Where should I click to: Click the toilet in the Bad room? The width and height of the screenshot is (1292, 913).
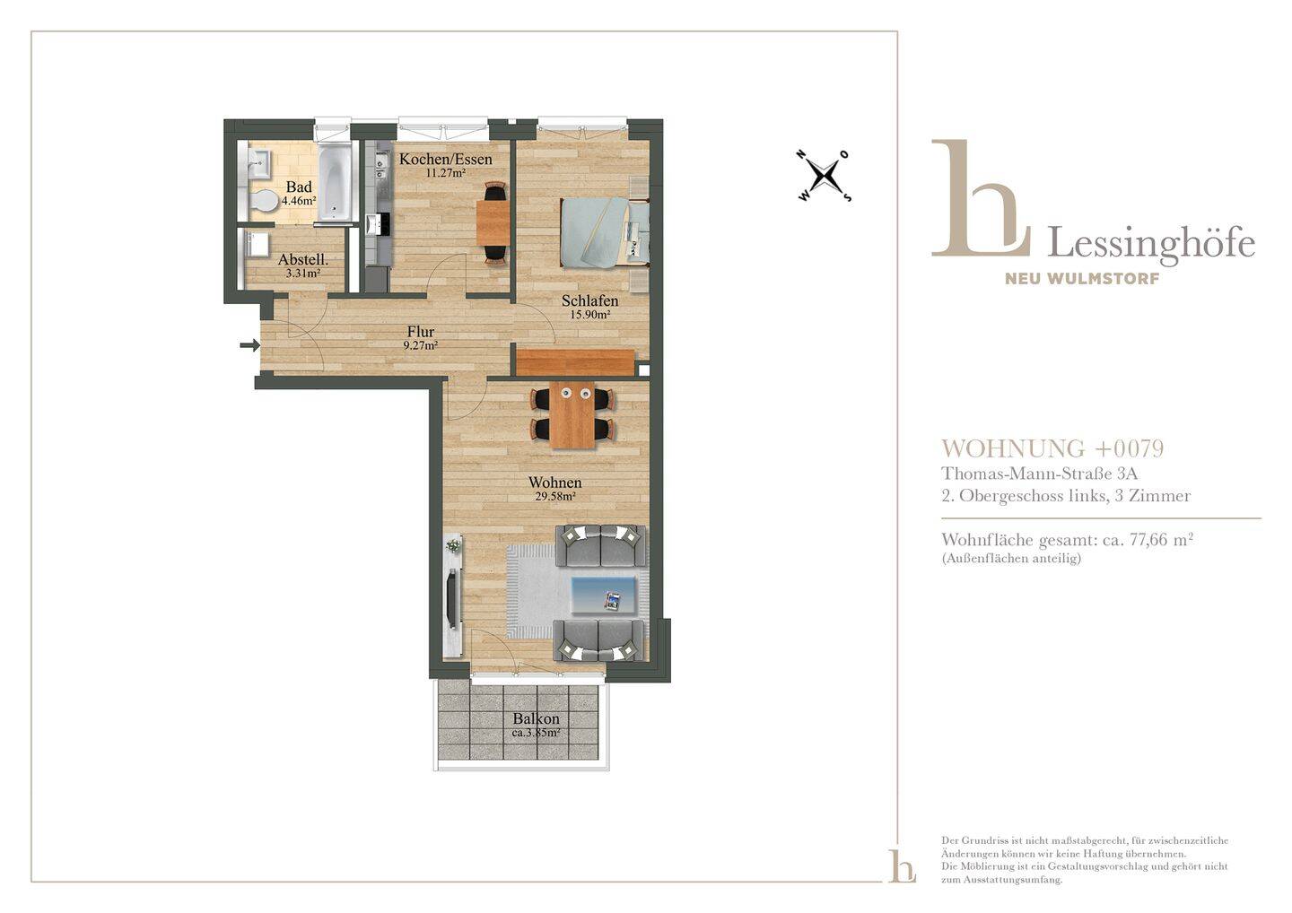pyautogui.click(x=264, y=201)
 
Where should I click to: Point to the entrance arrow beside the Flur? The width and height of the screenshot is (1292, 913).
pyautogui.click(x=249, y=345)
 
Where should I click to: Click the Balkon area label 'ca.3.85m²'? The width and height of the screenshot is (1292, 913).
pyautogui.click(x=536, y=734)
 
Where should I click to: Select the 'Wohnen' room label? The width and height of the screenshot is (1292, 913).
pyautogui.click(x=554, y=482)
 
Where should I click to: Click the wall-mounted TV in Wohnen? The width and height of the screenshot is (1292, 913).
pyautogui.click(x=453, y=597)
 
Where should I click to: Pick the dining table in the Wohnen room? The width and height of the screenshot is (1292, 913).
pyautogui.click(x=572, y=414)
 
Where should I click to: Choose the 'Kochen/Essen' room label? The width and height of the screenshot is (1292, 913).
pyautogui.click(x=446, y=159)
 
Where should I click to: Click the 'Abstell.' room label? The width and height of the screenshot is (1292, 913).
pyautogui.click(x=303, y=259)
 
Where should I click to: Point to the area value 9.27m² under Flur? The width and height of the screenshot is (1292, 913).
pyautogui.click(x=421, y=346)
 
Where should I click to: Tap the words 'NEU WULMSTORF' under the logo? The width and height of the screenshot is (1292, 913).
pyautogui.click(x=1082, y=279)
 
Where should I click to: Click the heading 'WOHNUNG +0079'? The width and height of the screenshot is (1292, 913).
pyautogui.click(x=1052, y=448)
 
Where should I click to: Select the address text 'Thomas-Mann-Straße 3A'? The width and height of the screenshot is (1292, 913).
pyautogui.click(x=1039, y=474)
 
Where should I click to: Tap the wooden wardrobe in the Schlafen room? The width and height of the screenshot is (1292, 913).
pyautogui.click(x=576, y=362)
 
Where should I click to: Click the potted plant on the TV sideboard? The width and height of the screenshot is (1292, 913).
pyautogui.click(x=455, y=544)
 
